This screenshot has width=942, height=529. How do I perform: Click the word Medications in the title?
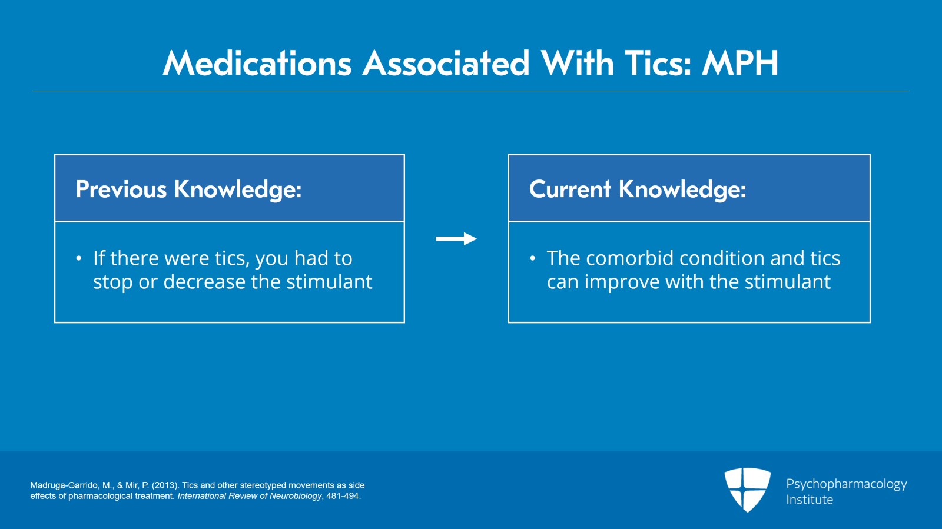(x=257, y=64)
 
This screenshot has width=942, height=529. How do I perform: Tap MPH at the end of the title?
(x=740, y=64)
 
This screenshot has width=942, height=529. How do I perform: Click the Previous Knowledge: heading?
(x=189, y=189)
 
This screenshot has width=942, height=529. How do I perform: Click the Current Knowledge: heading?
(x=638, y=189)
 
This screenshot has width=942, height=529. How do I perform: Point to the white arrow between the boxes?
(x=456, y=239)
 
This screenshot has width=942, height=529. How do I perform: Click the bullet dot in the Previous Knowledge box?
(x=79, y=258)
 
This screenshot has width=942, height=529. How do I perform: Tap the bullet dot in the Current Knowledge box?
(x=532, y=258)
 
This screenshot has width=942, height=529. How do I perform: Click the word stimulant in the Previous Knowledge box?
(x=329, y=281)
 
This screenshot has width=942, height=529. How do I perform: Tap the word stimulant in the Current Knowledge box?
(x=788, y=281)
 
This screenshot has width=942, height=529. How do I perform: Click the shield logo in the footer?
(x=747, y=490)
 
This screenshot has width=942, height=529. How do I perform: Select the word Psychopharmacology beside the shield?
(x=847, y=484)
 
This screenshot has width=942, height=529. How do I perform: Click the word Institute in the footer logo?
(x=810, y=500)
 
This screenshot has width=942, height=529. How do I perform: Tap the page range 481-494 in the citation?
(x=343, y=496)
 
